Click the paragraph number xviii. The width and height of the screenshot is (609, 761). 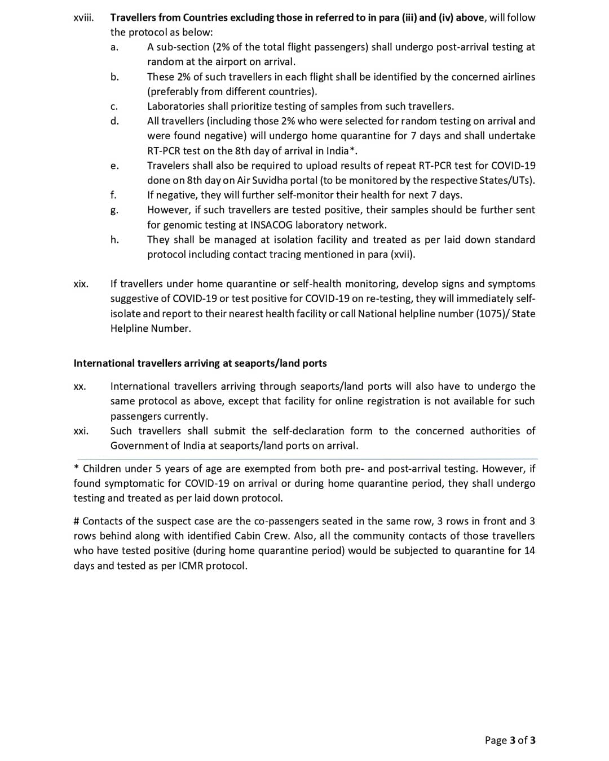(83, 17)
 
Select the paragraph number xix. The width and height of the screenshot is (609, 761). (81, 284)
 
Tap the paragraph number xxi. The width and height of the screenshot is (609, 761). (81, 431)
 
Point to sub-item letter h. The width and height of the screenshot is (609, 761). (114, 239)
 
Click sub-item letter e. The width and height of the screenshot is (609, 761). (114, 166)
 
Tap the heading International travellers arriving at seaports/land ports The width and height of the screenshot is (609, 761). (200, 363)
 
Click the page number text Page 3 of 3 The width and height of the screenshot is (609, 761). (510, 740)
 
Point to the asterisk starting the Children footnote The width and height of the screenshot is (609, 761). (76, 468)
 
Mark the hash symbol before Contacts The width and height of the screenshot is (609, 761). (77, 521)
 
